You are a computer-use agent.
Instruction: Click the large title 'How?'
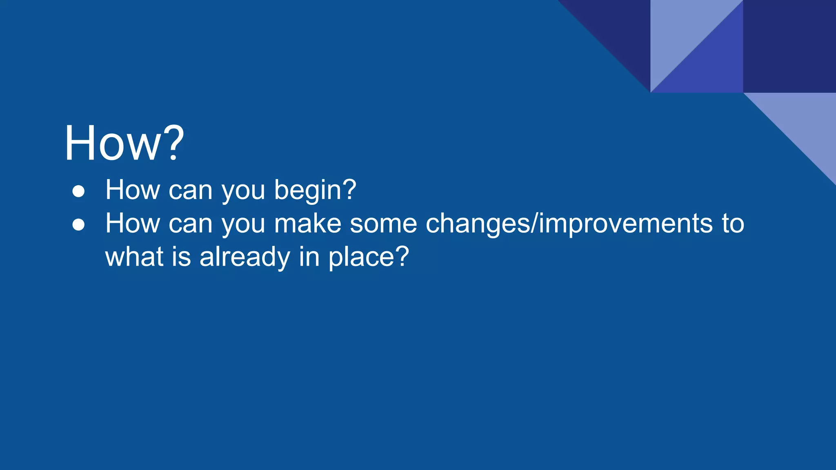(124, 144)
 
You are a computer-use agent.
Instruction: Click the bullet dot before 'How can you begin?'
(78, 191)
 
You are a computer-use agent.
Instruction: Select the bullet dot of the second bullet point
(78, 225)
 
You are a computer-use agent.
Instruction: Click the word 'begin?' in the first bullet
(315, 191)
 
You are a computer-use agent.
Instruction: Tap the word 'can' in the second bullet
(191, 224)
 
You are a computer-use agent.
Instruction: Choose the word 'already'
(245, 258)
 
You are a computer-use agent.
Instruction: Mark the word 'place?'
(369, 258)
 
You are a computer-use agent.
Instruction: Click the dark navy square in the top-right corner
(789, 46)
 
